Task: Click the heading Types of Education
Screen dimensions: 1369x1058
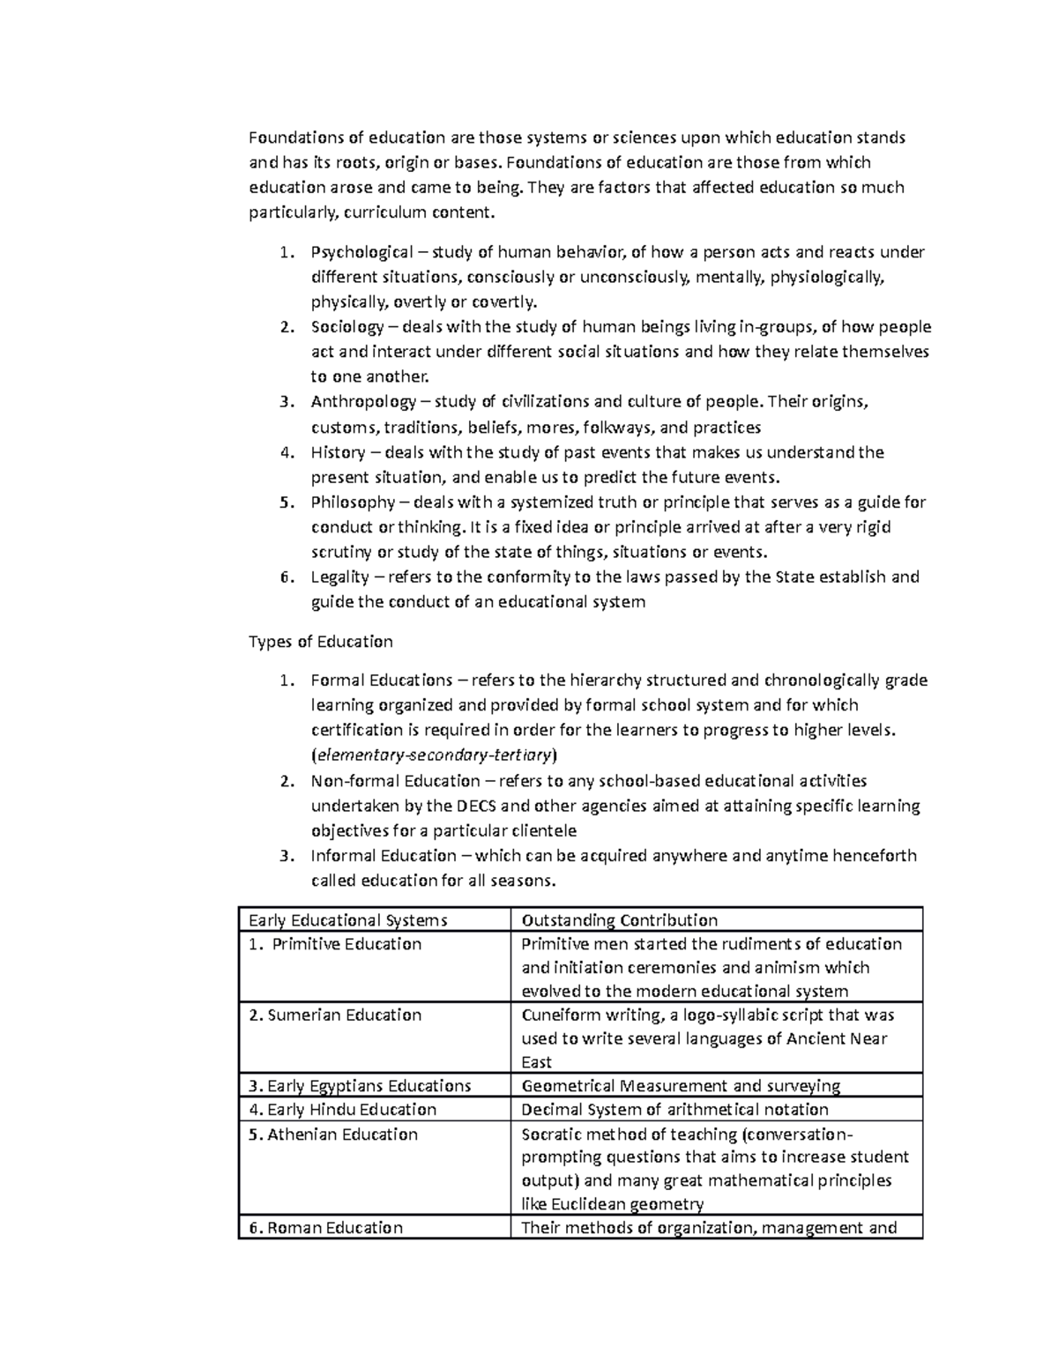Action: click(321, 642)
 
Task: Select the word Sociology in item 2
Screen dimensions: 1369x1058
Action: click(346, 328)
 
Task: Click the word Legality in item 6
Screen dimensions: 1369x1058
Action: click(339, 577)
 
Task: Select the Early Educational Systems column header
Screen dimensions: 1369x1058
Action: click(347, 920)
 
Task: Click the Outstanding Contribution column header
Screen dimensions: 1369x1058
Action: click(619, 920)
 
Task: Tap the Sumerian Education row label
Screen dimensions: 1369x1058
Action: click(335, 1016)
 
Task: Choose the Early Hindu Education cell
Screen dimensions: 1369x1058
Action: click(342, 1110)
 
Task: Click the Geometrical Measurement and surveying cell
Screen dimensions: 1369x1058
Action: click(681, 1086)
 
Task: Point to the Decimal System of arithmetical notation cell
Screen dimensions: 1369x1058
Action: click(674, 1110)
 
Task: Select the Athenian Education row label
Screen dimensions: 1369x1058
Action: click(333, 1135)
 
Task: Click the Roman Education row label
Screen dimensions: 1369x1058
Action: click(325, 1228)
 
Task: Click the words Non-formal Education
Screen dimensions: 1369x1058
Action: click(395, 781)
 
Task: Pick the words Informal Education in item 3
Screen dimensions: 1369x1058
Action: click(384, 856)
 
